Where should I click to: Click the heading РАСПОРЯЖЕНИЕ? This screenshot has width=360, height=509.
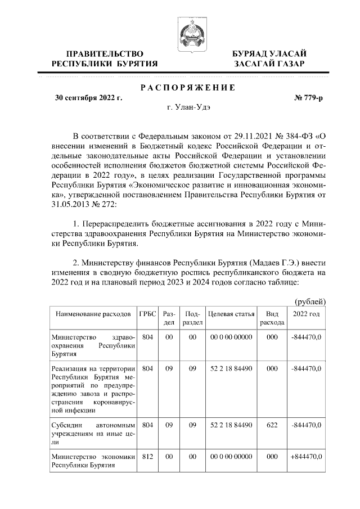pos(187,88)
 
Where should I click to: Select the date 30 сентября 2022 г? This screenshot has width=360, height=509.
pos(88,97)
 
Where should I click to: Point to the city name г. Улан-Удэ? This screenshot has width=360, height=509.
pos(187,107)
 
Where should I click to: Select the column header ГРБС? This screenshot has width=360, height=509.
pos(147,313)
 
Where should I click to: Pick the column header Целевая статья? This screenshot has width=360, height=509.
pos(230,313)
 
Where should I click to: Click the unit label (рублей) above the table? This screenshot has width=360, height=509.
pos(310,301)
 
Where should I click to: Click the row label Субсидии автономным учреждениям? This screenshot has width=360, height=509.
pos(92,434)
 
